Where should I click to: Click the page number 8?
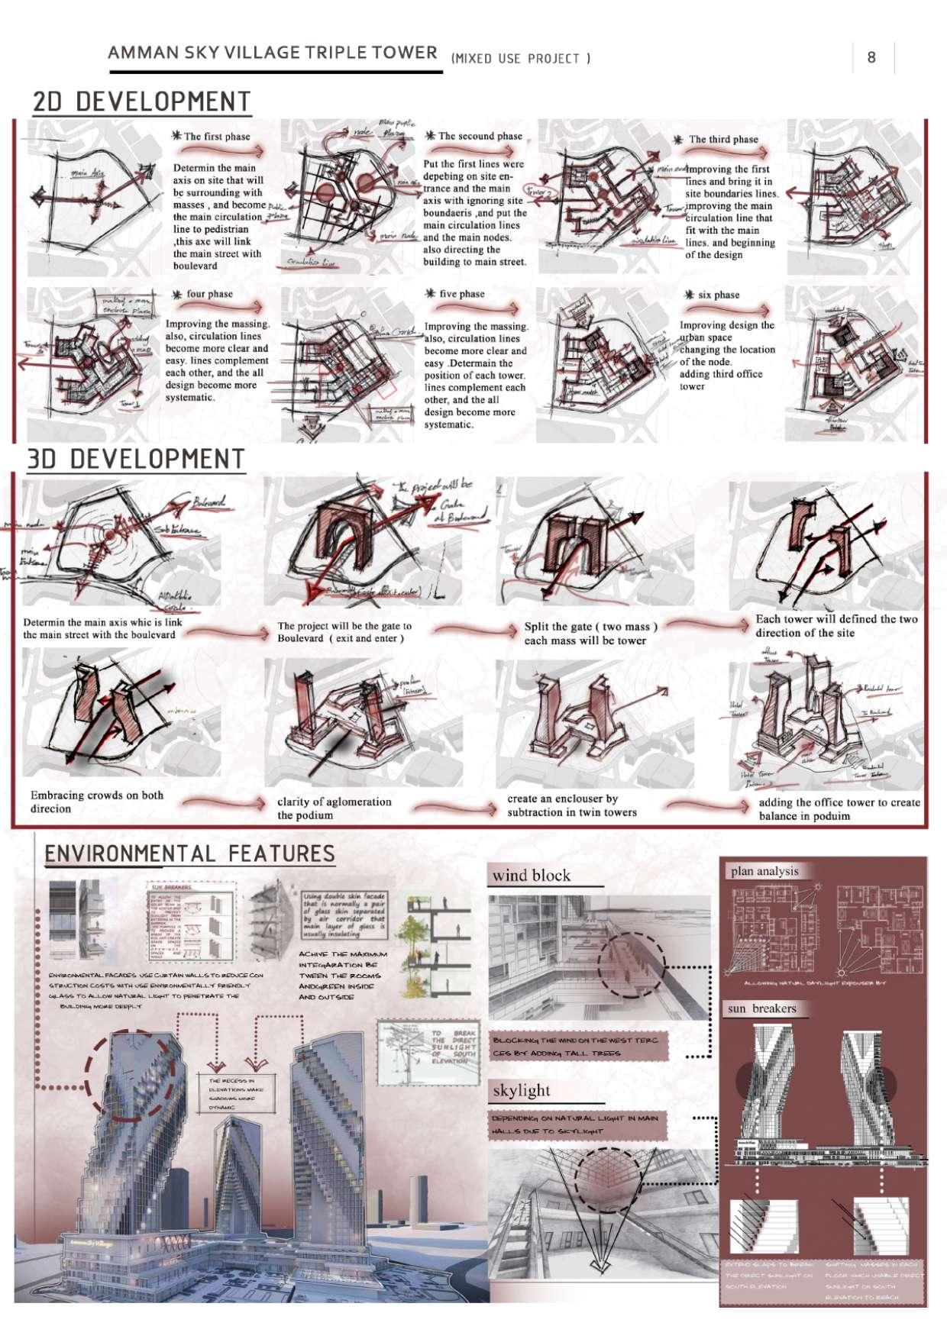tap(871, 56)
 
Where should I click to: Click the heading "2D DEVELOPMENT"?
tap(142, 102)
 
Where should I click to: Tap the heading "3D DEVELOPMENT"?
tap(136, 459)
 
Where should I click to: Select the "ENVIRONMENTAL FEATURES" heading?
tap(189, 853)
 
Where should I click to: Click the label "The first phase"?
tap(217, 137)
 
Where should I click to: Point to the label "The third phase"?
tap(723, 140)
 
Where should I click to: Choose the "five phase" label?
tap(461, 294)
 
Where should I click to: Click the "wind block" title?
tap(532, 876)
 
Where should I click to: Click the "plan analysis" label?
tap(764, 871)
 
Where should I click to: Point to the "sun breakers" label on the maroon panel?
tap(761, 1008)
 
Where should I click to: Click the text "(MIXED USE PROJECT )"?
tap(521, 58)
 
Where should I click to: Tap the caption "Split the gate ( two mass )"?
tap(590, 627)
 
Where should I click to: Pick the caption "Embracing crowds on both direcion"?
tap(96, 802)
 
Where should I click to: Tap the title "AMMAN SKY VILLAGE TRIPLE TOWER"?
tap(273, 53)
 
